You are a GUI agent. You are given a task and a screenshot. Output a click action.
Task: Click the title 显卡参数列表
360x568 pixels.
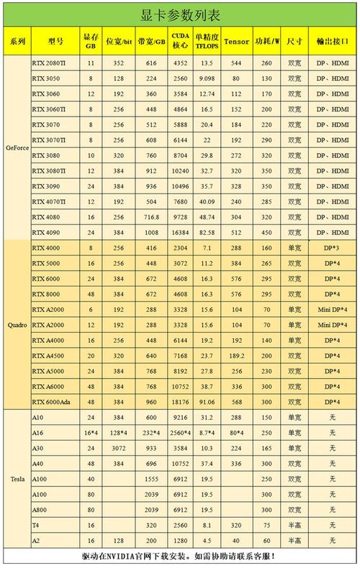click(179, 15)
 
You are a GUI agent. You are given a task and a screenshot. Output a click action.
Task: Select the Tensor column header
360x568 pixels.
click(236, 42)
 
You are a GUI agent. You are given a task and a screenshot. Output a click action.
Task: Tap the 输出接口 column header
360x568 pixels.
click(332, 42)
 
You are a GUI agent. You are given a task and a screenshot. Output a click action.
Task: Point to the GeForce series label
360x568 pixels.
click(17, 147)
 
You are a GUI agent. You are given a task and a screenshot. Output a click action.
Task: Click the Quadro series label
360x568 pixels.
click(17, 325)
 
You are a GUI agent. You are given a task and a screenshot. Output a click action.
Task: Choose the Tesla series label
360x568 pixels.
click(17, 479)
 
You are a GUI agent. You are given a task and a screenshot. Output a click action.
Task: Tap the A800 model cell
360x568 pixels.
click(40, 509)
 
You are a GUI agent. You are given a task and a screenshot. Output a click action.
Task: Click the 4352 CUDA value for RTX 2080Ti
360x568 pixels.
click(180, 63)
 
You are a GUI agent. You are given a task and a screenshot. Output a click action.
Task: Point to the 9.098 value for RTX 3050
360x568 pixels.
click(207, 78)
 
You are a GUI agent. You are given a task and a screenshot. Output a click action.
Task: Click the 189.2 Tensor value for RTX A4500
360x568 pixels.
click(236, 355)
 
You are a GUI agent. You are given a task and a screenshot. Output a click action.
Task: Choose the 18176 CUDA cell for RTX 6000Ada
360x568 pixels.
click(180, 402)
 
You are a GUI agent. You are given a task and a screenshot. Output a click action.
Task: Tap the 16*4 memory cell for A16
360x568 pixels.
click(91, 432)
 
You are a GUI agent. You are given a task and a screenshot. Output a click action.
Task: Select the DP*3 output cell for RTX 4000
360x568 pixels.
click(332, 248)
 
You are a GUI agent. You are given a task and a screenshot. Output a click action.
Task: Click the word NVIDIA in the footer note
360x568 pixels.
click(127, 556)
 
